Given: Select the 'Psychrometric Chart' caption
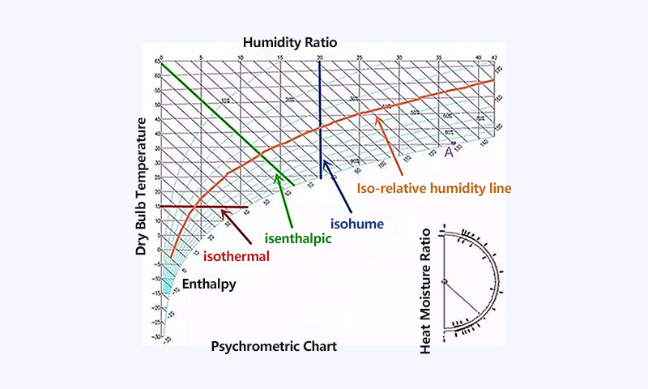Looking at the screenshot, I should click(274, 346).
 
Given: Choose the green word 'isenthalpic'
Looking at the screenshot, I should click(299, 238).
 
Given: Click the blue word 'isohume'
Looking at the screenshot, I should click(357, 220).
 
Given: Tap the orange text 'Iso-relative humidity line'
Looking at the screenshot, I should click(434, 187).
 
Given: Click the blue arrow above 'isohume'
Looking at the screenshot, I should click(334, 183).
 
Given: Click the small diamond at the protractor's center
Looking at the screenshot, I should click(444, 280).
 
